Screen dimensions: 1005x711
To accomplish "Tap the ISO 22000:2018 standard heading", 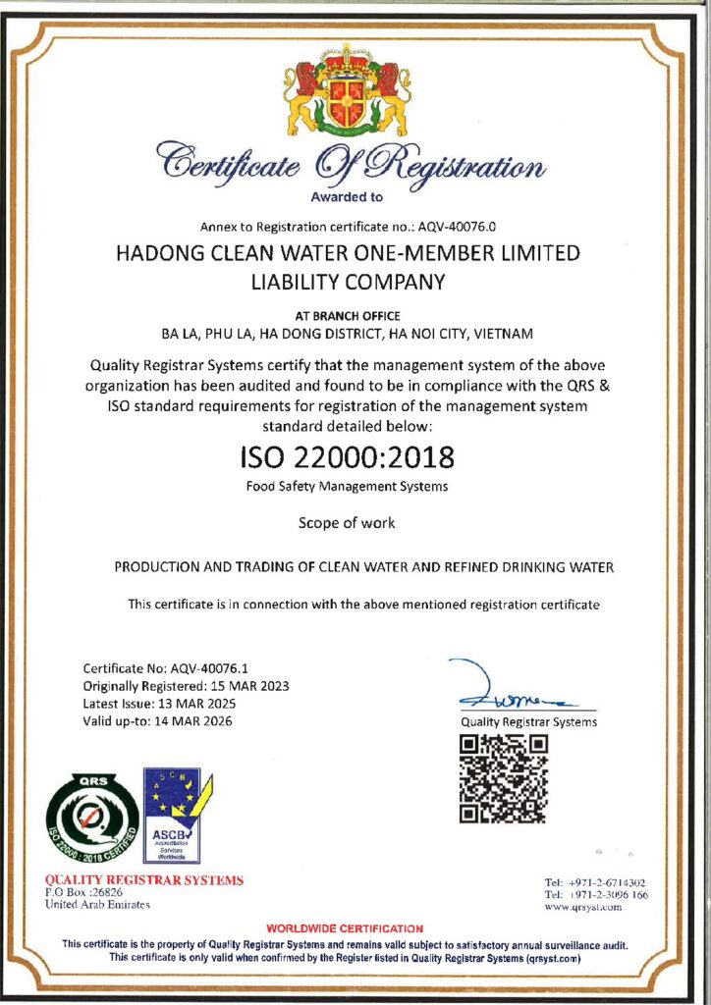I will (348, 457).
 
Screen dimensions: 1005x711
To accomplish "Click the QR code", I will (503, 777).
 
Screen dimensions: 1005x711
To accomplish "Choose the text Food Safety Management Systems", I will (348, 487).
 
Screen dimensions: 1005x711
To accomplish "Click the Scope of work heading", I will (347, 523).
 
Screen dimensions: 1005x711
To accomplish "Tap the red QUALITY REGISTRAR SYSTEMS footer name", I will (144, 879).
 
